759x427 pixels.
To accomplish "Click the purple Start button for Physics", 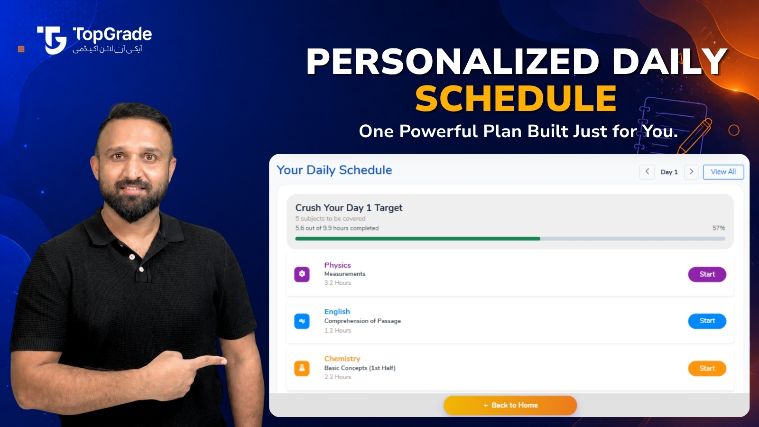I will tap(707, 274).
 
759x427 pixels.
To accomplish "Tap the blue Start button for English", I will tap(707, 321).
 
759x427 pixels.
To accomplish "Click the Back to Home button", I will tap(510, 405).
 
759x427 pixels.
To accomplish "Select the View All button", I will tap(723, 172).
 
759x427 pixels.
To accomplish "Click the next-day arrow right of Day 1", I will tap(691, 172).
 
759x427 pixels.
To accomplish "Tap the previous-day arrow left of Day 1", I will tap(647, 172).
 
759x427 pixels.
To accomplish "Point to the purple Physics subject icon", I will tap(302, 274).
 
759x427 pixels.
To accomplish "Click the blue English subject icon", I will tap(302, 321).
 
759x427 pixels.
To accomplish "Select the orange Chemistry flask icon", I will tap(302, 368).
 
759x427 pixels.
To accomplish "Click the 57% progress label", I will tap(719, 228).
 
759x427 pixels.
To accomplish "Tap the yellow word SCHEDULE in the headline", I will tap(516, 99).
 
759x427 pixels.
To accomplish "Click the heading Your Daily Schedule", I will tap(334, 170).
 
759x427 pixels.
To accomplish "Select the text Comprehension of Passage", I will tap(362, 321).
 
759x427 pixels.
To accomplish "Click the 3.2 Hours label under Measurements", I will tap(338, 283).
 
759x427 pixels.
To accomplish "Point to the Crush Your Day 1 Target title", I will tap(349, 208).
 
